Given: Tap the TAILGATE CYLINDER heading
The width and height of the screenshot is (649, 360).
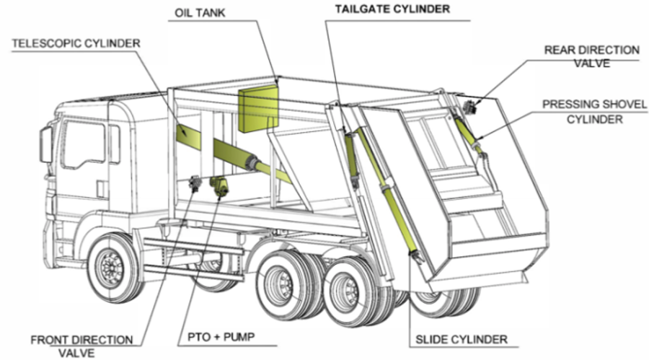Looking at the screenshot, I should (392, 10).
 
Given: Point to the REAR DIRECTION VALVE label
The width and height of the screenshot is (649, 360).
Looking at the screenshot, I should (591, 56).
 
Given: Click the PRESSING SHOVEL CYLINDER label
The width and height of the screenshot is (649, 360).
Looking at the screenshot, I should (594, 112).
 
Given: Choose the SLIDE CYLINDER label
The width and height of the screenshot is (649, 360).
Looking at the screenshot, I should (462, 338).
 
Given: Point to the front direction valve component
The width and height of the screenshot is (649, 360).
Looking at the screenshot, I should (194, 185).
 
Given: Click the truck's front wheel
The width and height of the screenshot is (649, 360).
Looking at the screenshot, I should (113, 267).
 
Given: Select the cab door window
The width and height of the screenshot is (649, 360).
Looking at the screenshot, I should (84, 144).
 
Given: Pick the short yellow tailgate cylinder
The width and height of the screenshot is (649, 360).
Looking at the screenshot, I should (351, 154).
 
